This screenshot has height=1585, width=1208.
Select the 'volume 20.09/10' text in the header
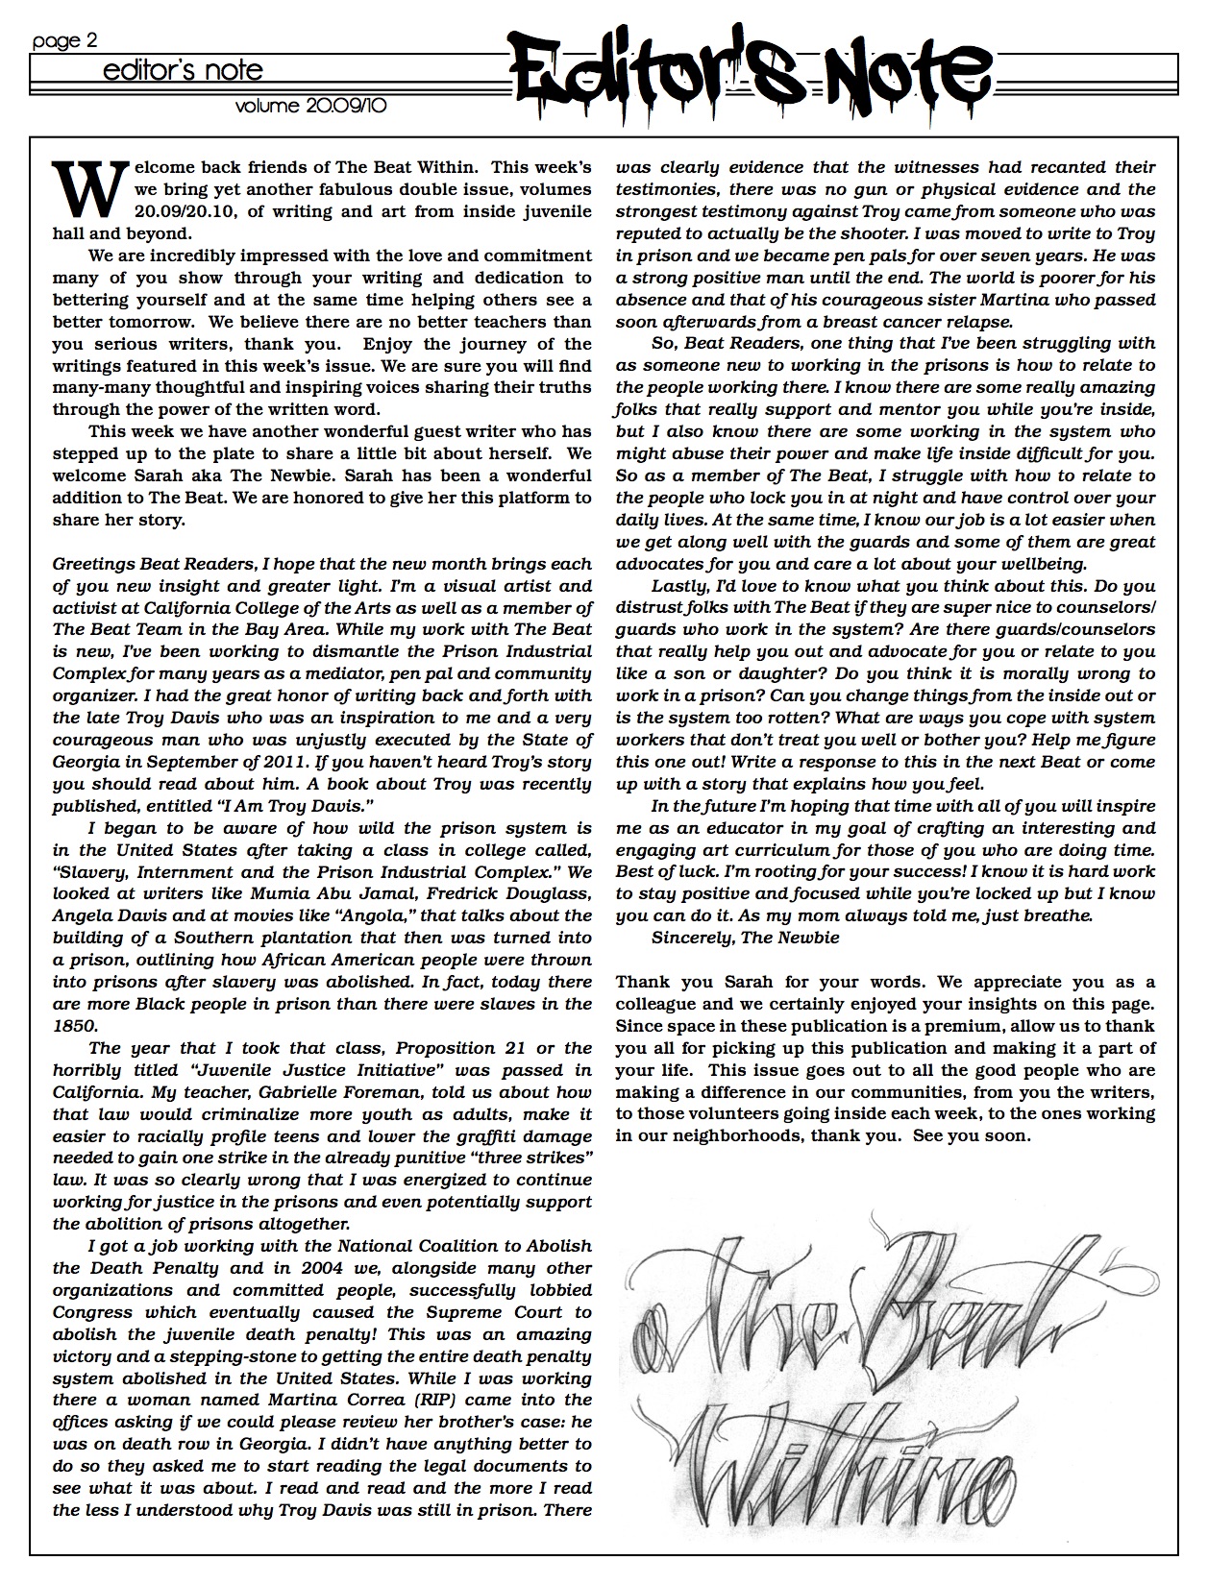point(310,108)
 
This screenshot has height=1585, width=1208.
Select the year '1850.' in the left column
point(72,1026)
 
